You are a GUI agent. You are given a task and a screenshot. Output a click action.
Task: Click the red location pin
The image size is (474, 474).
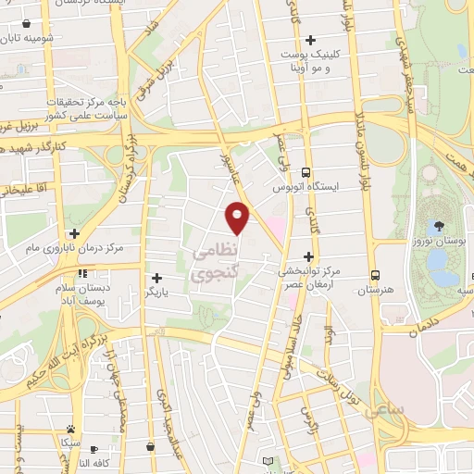pyautogui.click(x=239, y=218)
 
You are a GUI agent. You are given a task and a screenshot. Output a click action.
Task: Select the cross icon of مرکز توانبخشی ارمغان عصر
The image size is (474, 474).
pyautogui.click(x=309, y=256)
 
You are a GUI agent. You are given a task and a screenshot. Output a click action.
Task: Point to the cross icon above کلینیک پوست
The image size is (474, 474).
pyautogui.click(x=310, y=40)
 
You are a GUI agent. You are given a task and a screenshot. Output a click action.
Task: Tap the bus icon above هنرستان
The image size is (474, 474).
pyautogui.click(x=375, y=275)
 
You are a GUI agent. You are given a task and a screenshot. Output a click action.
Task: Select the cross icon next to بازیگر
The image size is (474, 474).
pyautogui.click(x=156, y=278)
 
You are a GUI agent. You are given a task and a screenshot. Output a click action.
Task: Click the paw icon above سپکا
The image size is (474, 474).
pyautogui.click(x=70, y=429)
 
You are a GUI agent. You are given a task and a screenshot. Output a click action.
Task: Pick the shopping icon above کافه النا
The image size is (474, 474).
pyautogui.click(x=149, y=447)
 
